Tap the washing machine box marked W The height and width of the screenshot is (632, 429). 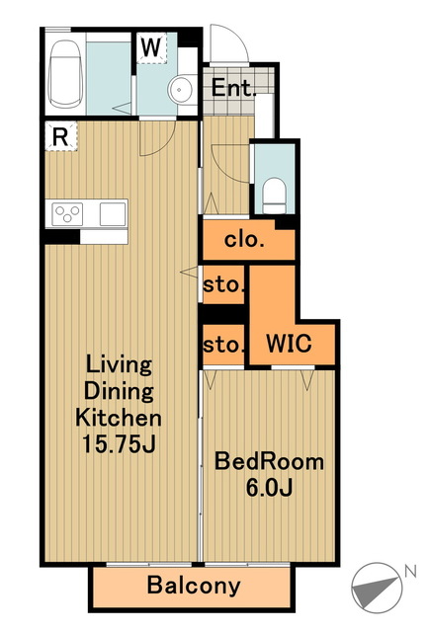pos(151,48)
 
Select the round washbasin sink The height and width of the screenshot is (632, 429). pos(180,90)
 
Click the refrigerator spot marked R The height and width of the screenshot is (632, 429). pos(60,136)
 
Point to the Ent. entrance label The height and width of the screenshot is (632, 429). pos(233,87)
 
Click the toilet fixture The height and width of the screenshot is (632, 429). pos(275,196)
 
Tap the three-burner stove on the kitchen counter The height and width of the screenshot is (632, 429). pos(67,214)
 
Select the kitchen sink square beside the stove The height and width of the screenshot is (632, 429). pos(113,214)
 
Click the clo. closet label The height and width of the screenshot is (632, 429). pos(244,240)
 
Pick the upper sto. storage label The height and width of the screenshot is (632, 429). pos(224,285)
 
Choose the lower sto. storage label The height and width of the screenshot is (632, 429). pos(224,346)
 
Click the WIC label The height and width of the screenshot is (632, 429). pos(289,344)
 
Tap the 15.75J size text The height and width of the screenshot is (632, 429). pos(119,443)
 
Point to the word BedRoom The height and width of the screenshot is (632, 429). pos(269,461)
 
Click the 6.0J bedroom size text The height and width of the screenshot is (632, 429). pos(269,488)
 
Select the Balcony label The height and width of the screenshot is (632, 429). pos(194,586)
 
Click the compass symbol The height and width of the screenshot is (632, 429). pos(377,589)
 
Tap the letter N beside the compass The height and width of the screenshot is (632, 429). pos(410,571)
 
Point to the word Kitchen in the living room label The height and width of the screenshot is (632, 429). pos(119,418)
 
